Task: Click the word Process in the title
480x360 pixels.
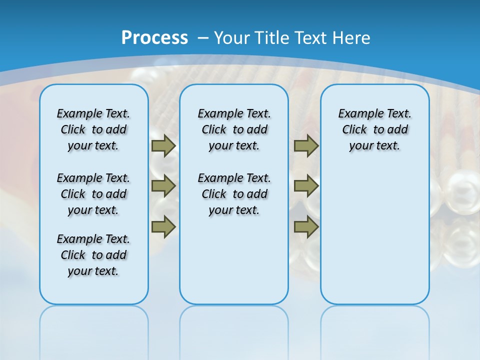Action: click(x=154, y=37)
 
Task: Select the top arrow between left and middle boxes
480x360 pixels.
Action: click(x=163, y=145)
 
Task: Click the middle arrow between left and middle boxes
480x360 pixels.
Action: click(x=163, y=186)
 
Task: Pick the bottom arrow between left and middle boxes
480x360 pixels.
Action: click(x=163, y=226)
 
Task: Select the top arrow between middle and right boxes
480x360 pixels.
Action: click(x=306, y=145)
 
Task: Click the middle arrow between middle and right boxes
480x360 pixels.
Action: click(x=306, y=186)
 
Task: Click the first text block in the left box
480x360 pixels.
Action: click(x=93, y=129)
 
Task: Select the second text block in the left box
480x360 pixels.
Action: click(x=93, y=194)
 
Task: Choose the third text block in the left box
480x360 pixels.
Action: click(x=93, y=255)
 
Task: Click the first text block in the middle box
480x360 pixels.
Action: click(x=234, y=129)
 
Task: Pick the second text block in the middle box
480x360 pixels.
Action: click(x=234, y=194)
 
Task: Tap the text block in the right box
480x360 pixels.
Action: click(x=375, y=129)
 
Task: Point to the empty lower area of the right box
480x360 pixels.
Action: click(x=375, y=240)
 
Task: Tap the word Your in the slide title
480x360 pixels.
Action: click(x=232, y=37)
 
